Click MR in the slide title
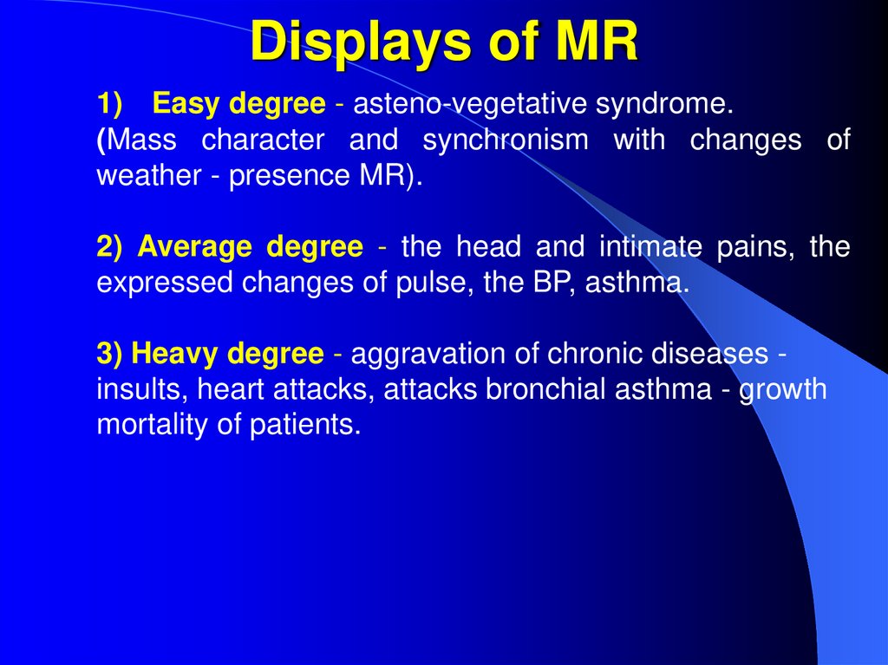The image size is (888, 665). (597, 42)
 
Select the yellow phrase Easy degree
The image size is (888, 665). (239, 105)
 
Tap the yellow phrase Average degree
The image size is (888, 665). (251, 247)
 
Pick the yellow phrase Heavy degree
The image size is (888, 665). (230, 354)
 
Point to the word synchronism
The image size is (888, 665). (504, 140)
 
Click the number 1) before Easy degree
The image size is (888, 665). (110, 105)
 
